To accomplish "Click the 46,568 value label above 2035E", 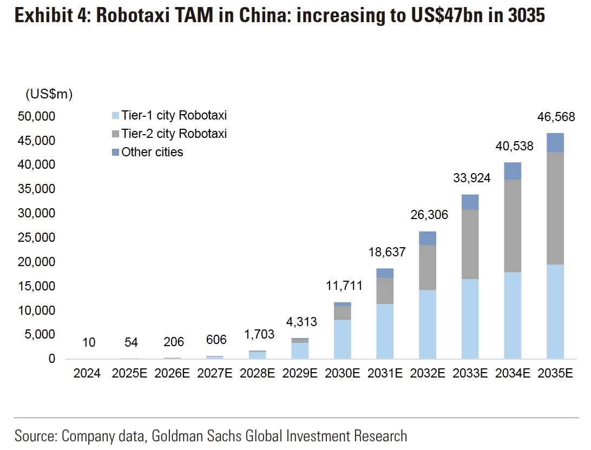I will (x=555, y=117).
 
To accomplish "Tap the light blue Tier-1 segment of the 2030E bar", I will (x=342, y=339).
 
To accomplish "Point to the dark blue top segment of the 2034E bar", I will (x=513, y=171).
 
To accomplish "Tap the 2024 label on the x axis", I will (x=87, y=373).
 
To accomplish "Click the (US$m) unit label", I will (x=49, y=94).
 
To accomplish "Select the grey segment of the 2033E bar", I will (x=470, y=244).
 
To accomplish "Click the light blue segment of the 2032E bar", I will (x=428, y=324).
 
